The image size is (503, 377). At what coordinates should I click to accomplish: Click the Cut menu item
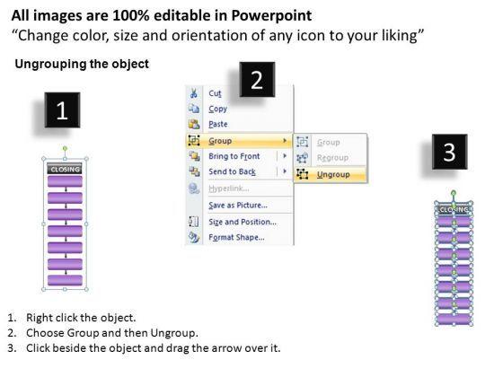215,93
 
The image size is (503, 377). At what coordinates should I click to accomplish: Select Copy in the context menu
217,109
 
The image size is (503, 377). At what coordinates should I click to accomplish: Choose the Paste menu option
218,124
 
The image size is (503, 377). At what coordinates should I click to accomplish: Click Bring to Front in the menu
234,156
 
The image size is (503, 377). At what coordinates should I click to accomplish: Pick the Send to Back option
232,171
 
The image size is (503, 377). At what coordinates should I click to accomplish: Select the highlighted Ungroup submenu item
333,174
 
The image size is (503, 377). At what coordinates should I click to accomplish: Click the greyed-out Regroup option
332,158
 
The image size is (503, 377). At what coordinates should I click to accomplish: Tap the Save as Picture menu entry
238,206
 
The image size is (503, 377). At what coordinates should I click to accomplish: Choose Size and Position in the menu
243,222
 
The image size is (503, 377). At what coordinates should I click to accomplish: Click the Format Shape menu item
236,237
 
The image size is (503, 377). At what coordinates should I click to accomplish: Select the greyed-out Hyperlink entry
229,188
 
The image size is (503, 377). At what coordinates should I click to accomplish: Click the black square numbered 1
62,110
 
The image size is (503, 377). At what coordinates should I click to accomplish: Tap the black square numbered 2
257,80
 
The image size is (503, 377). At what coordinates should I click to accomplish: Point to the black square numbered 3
449,152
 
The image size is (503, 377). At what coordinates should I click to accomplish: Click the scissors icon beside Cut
194,93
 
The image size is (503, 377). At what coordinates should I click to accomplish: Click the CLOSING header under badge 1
65,169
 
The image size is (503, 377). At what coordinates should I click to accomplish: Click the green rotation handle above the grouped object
65,149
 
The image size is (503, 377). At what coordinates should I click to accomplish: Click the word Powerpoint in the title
271,16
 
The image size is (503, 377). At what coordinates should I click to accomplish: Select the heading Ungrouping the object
82,64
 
